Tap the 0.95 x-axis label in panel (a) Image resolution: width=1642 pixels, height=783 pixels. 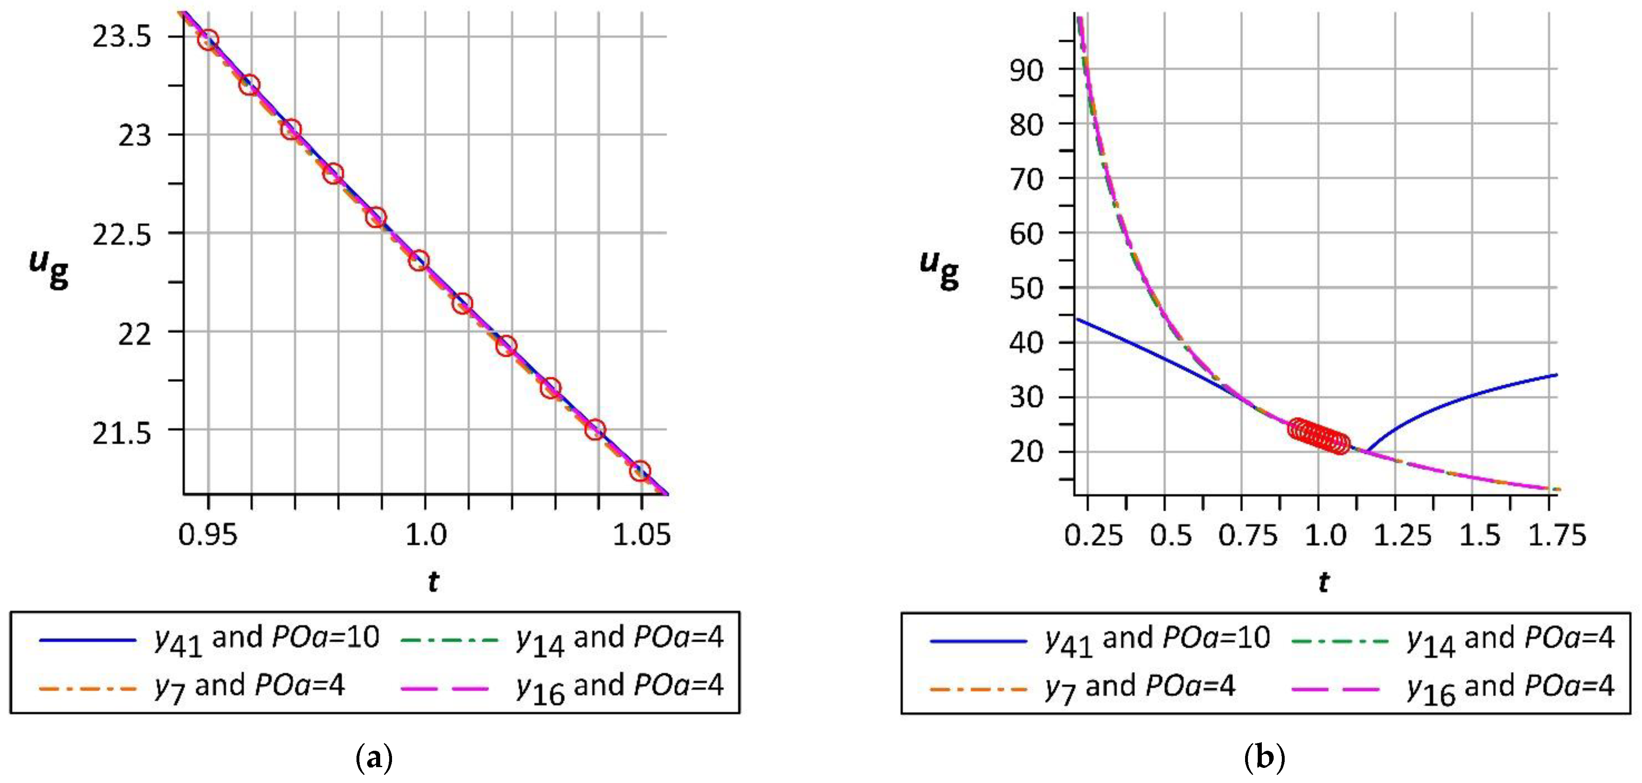coord(208,534)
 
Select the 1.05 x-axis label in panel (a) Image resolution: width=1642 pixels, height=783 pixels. coord(641,534)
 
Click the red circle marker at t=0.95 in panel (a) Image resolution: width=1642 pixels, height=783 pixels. coord(208,40)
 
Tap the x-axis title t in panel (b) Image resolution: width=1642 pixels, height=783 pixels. coord(1324,581)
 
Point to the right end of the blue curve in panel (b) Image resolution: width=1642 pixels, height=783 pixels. coord(1556,375)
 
